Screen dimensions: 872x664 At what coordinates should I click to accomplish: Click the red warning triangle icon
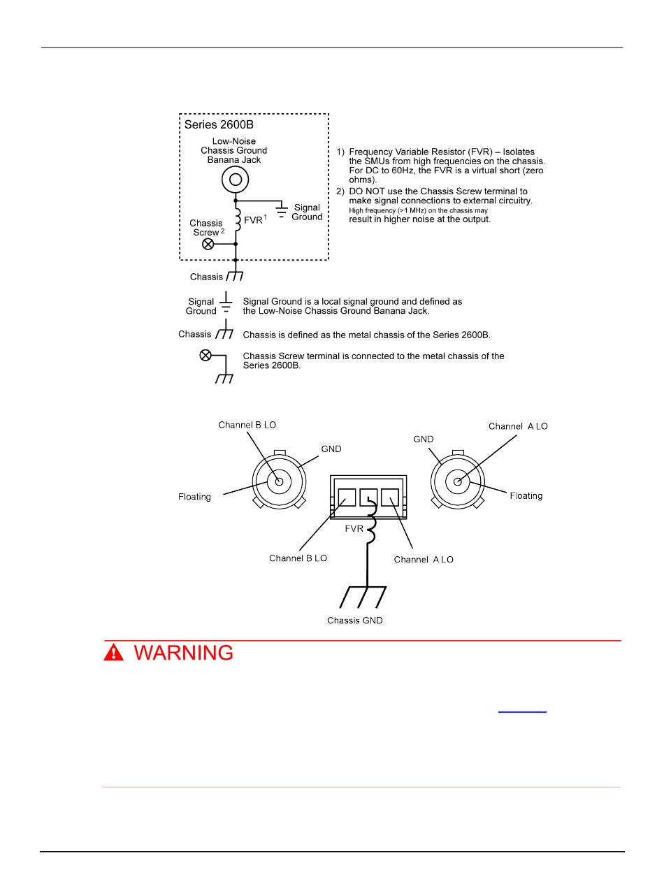[x=113, y=653]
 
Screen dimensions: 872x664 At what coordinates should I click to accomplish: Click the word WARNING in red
[x=184, y=653]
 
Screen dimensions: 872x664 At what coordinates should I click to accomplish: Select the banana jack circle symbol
[x=236, y=180]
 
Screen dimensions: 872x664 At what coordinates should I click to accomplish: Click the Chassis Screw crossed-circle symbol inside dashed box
[x=208, y=244]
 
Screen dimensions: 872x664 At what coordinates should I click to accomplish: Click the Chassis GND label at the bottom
[x=355, y=620]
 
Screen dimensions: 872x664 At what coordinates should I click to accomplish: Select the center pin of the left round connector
[x=279, y=481]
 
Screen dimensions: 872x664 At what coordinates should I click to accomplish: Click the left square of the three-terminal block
[x=347, y=497]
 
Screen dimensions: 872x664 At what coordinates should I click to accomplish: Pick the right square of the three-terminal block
[x=389, y=497]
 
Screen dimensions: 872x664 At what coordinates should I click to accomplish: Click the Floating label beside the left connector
[x=194, y=497]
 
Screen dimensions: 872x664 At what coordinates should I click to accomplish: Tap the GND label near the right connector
[x=424, y=439]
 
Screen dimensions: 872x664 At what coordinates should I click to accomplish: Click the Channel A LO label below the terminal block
[x=424, y=560]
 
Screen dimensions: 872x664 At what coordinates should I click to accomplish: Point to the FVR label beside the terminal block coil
[x=354, y=529]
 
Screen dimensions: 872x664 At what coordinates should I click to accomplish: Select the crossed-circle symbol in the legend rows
[x=205, y=356]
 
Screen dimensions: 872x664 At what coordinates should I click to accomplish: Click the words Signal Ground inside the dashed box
[x=307, y=212]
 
